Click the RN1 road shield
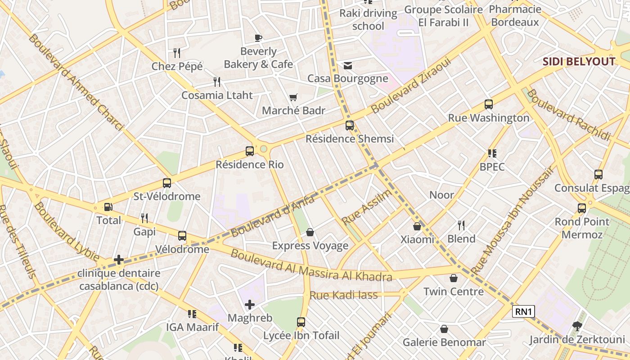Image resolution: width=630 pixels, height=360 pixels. click(x=523, y=311)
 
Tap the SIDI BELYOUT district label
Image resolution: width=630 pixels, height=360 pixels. click(x=579, y=62)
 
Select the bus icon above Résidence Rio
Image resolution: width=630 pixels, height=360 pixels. click(x=250, y=151)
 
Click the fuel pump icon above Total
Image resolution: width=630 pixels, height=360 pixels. click(x=108, y=207)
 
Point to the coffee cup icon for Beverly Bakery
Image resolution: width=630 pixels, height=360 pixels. click(x=258, y=38)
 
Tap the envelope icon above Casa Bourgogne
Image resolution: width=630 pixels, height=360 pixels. click(x=348, y=66)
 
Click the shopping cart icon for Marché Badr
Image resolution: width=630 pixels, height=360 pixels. click(x=293, y=97)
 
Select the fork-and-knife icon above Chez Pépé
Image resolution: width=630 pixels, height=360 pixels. click(x=177, y=53)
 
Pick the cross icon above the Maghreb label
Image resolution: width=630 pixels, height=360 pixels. click(x=250, y=305)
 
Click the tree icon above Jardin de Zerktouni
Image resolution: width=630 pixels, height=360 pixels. click(x=577, y=326)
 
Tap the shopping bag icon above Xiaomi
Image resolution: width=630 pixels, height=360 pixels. click(x=417, y=226)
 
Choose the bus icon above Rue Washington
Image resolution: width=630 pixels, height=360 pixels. click(x=489, y=104)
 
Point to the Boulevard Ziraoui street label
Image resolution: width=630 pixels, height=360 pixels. click(x=410, y=85)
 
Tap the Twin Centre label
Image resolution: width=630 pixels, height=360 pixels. click(x=454, y=292)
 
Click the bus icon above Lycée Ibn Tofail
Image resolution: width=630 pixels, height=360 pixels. click(x=301, y=322)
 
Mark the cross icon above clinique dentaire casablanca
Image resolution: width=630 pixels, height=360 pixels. click(x=119, y=260)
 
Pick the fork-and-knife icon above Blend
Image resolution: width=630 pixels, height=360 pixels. click(x=461, y=225)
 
